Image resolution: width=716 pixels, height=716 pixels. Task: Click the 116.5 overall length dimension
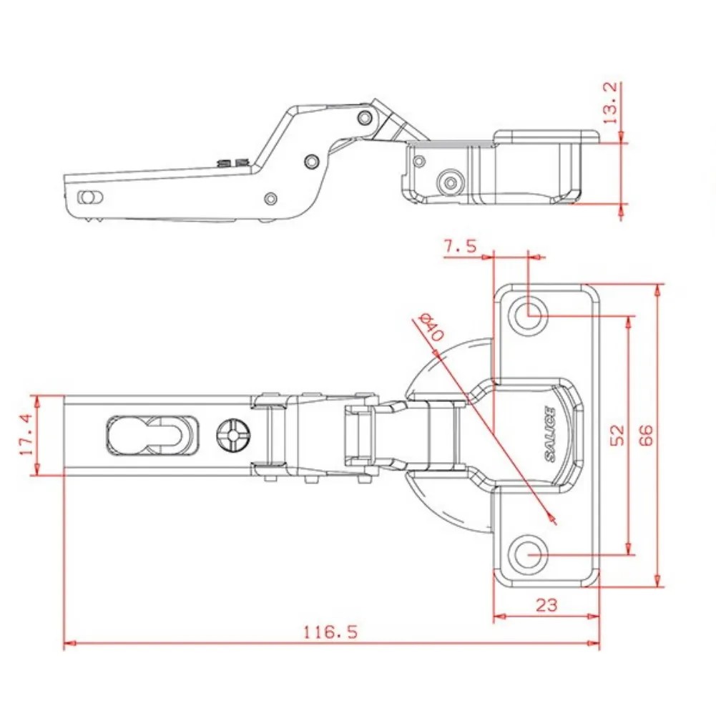click(331, 632)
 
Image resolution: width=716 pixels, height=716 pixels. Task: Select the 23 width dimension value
click(546, 605)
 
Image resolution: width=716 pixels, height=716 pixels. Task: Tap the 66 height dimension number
click(646, 434)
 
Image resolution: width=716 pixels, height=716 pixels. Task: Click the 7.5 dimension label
click(461, 247)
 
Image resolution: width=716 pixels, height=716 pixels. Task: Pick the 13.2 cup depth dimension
click(610, 103)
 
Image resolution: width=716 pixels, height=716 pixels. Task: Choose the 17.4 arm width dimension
click(26, 434)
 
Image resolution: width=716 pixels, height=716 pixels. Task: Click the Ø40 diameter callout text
click(431, 326)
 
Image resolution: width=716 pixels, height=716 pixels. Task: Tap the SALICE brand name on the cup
click(550, 434)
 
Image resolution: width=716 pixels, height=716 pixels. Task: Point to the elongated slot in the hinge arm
click(152, 435)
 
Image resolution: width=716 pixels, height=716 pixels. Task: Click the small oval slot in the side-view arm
click(90, 197)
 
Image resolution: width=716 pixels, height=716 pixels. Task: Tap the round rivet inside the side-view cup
click(451, 182)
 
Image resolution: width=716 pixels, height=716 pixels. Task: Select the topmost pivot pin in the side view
click(365, 118)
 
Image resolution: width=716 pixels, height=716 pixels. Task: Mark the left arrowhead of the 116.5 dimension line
click(69, 643)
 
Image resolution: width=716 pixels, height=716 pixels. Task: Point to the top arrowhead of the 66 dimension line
click(657, 290)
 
